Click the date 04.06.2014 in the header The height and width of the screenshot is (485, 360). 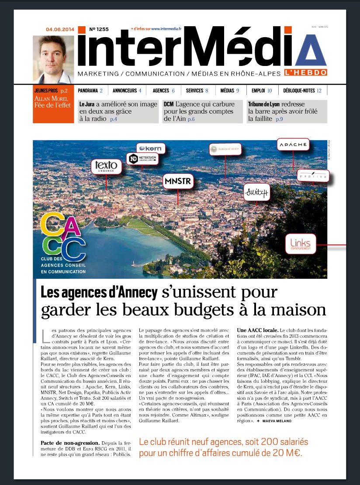(60, 30)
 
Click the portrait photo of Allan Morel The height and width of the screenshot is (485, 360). (54, 59)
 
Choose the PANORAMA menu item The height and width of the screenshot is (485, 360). (90, 91)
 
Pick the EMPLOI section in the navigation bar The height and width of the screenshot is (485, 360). (262, 91)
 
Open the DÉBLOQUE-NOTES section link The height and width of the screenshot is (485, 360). (302, 91)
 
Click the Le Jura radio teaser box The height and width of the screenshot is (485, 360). (118, 111)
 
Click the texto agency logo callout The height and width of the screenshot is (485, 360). (106, 167)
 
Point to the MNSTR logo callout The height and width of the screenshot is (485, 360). (178, 180)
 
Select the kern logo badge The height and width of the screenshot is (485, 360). (151, 149)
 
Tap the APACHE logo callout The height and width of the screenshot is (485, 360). (293, 144)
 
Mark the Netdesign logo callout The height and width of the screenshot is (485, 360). (142, 159)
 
